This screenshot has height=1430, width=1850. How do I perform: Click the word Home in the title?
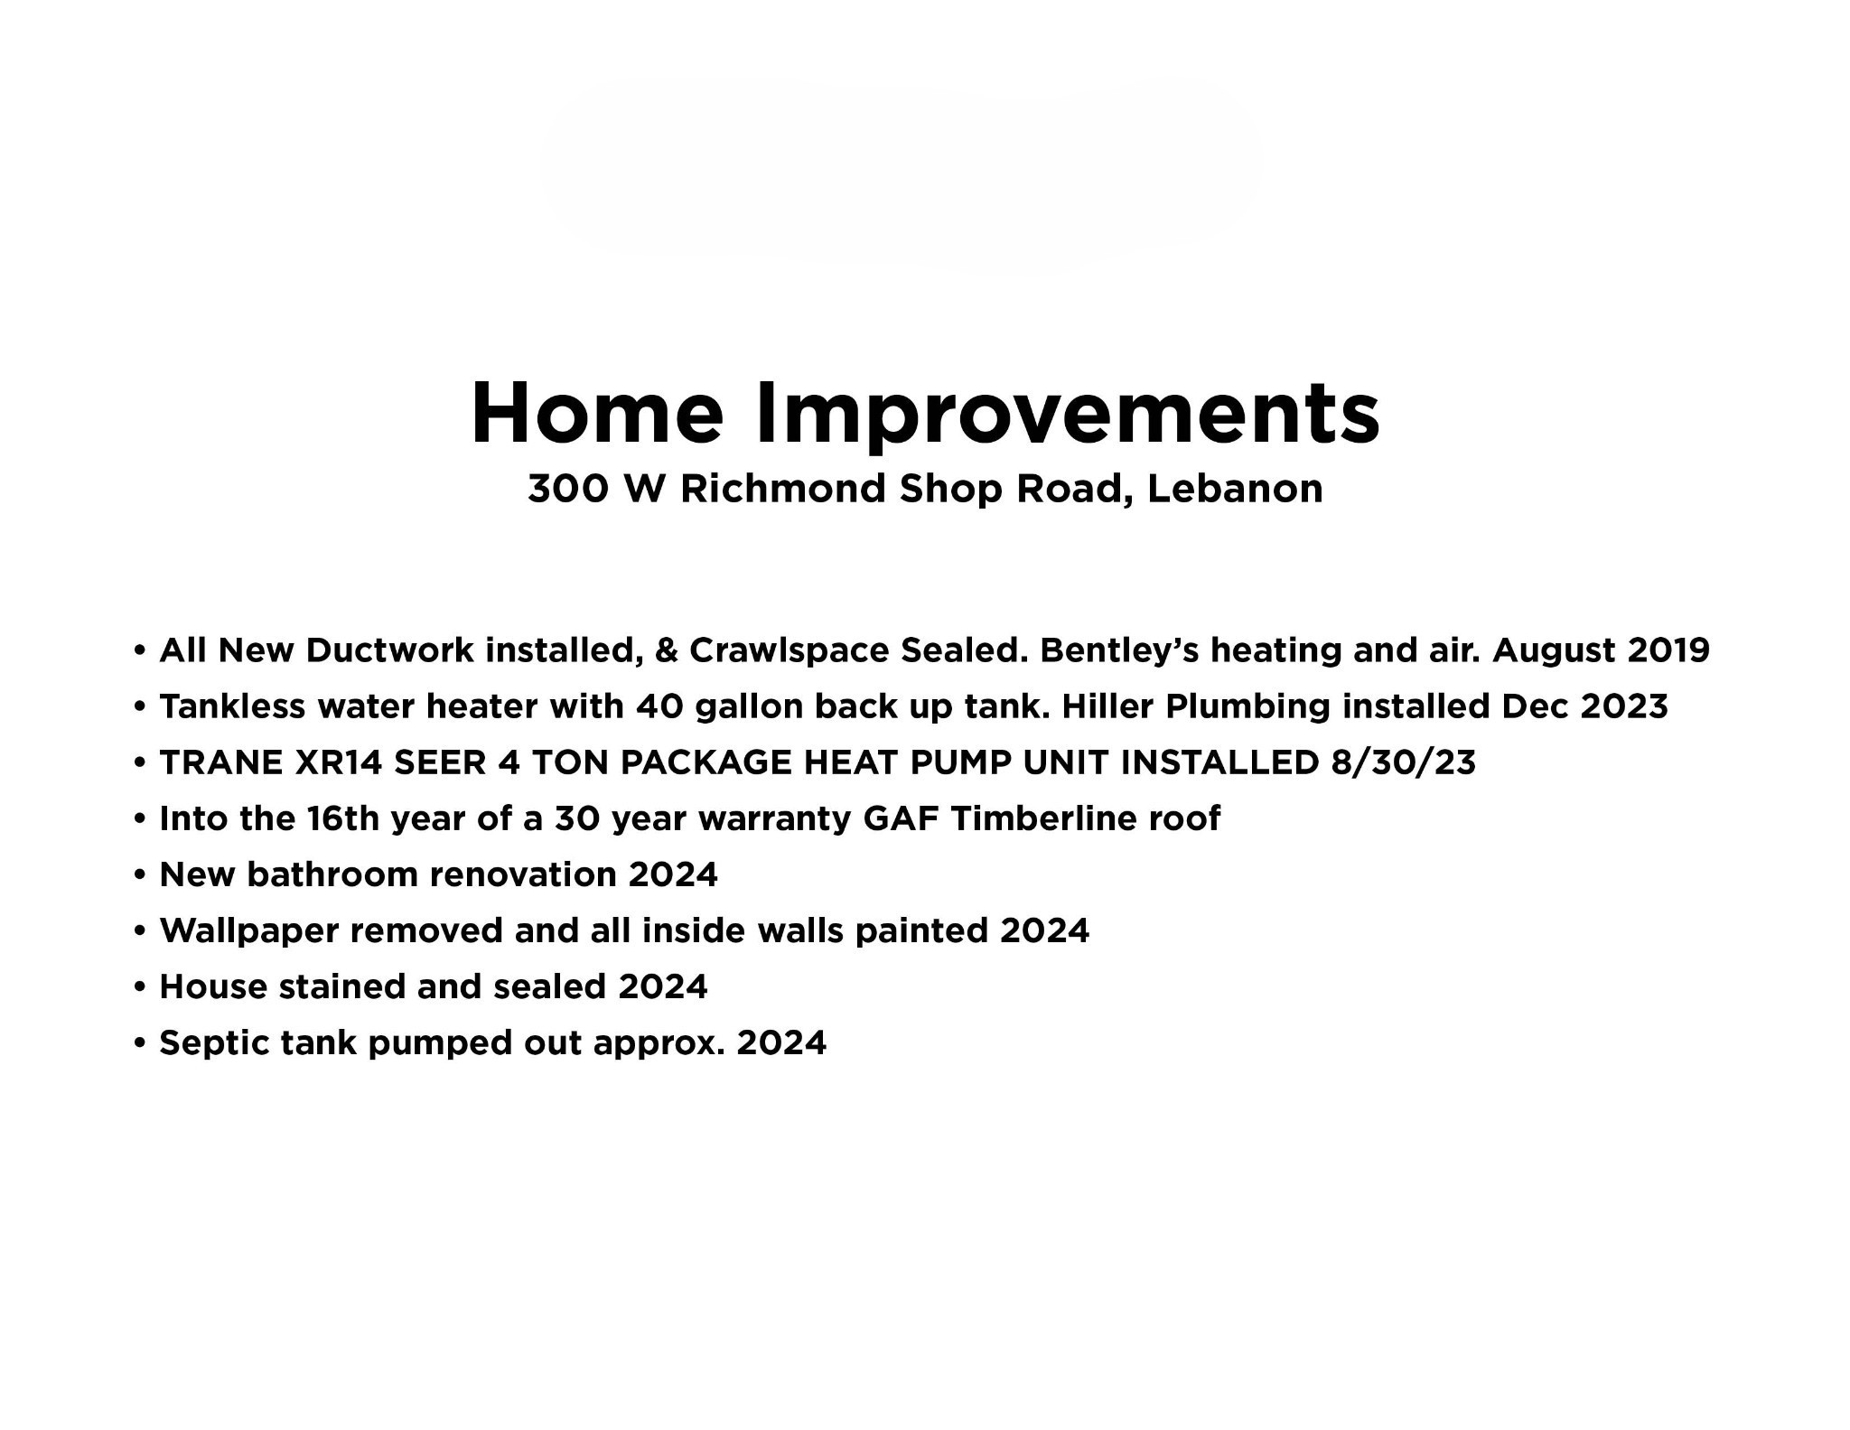(598, 413)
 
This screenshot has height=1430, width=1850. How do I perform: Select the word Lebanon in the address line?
(1235, 489)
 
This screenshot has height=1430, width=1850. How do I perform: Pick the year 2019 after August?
(1668, 650)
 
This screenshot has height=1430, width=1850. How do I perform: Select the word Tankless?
(232, 706)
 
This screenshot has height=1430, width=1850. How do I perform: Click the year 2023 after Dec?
(1624, 706)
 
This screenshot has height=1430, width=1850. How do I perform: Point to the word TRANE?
(221, 763)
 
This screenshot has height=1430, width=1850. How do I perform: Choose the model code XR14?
(338, 763)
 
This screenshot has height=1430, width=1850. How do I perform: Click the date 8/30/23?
(1403, 763)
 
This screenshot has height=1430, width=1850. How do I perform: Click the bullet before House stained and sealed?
(139, 987)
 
